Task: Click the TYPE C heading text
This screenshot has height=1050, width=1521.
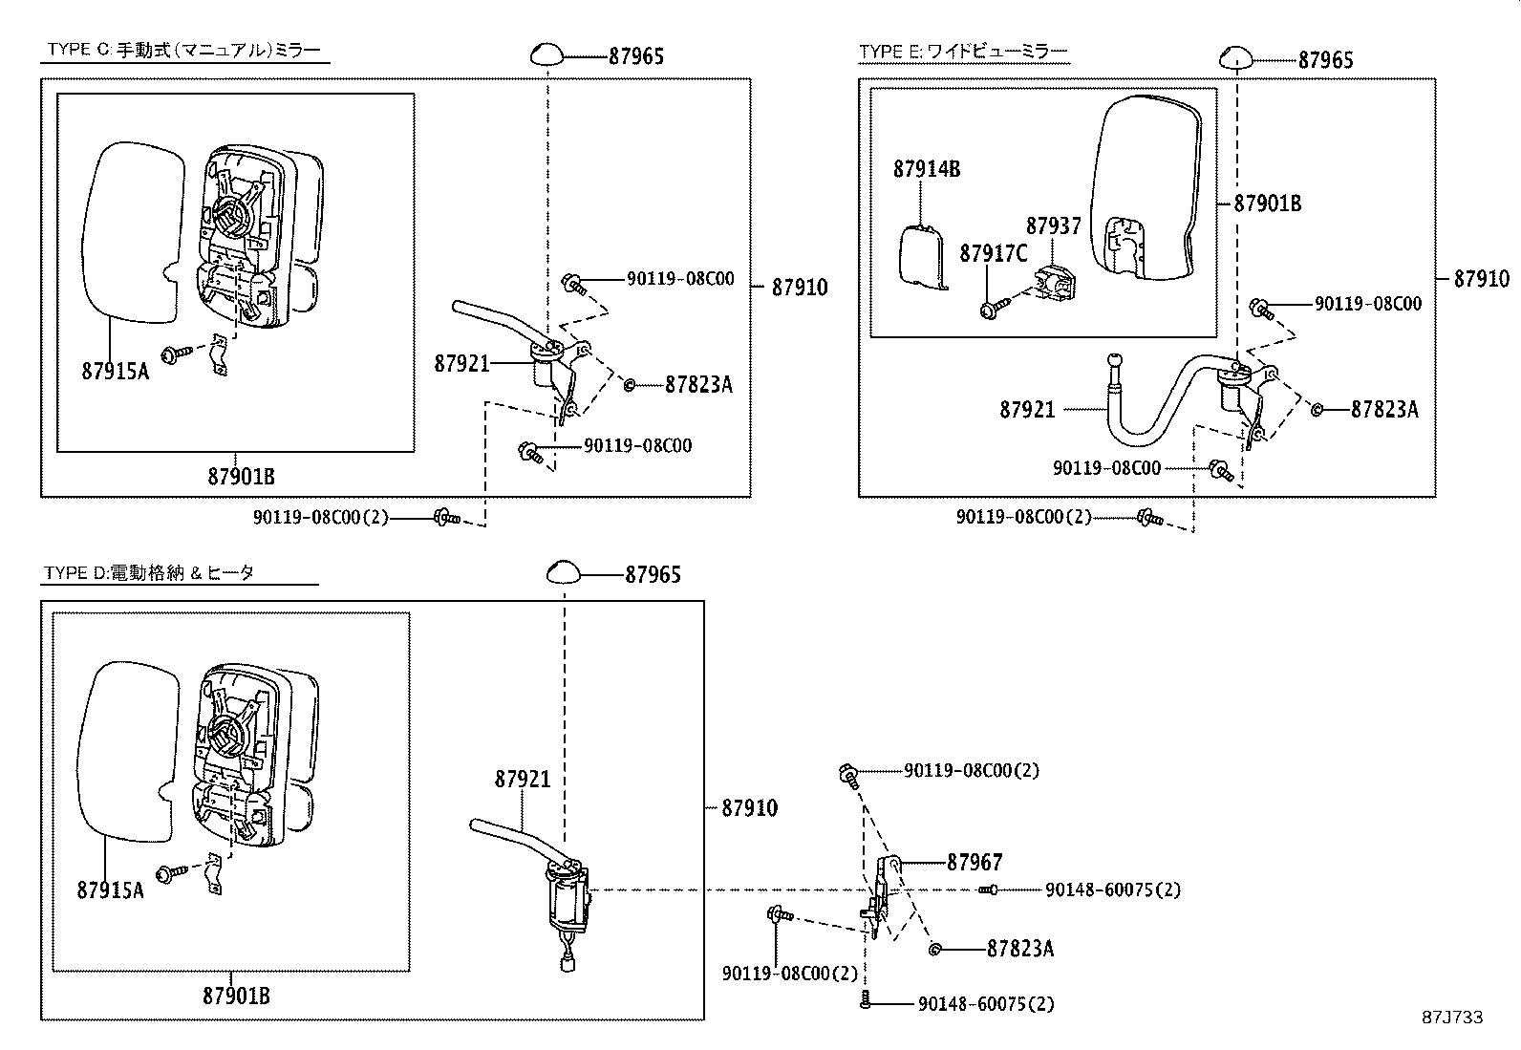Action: click(x=183, y=52)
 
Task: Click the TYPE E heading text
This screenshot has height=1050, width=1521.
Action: click(x=962, y=52)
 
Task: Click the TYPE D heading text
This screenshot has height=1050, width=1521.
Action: click(x=150, y=573)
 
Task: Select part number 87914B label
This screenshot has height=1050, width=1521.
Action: click(x=927, y=169)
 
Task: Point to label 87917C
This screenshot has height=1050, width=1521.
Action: click(x=994, y=253)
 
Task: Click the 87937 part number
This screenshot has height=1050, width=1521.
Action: click(x=1054, y=226)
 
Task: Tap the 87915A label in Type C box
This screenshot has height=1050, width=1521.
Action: click(x=116, y=371)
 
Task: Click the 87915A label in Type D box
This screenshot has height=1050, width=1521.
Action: click(x=111, y=889)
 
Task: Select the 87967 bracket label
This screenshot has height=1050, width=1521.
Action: click(x=975, y=862)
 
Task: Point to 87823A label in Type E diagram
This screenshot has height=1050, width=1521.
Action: click(x=1383, y=409)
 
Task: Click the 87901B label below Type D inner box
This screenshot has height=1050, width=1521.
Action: click(x=236, y=996)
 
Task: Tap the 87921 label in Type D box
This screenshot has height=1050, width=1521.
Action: click(x=523, y=779)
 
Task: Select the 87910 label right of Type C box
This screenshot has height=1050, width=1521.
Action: click(x=800, y=287)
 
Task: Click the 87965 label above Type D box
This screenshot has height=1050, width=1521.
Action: click(x=653, y=574)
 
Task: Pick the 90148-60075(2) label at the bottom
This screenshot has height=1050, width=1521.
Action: click(x=986, y=1004)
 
